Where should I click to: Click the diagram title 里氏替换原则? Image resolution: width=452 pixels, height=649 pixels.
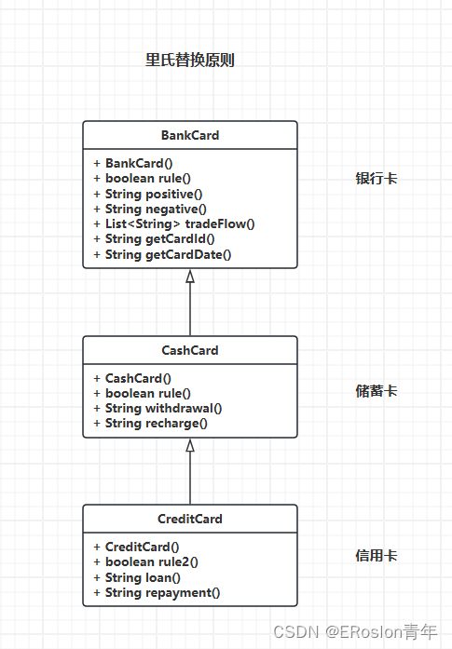(x=189, y=61)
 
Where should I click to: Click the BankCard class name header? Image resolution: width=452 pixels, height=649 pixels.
(x=190, y=135)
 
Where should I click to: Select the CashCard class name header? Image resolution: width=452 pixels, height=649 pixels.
(x=190, y=350)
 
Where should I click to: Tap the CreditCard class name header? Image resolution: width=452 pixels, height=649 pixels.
(x=190, y=519)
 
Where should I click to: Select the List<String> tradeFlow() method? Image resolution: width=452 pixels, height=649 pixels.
(x=174, y=223)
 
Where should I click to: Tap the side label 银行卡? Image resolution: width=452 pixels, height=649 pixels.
(x=377, y=178)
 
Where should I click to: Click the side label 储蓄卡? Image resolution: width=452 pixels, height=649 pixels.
(x=377, y=391)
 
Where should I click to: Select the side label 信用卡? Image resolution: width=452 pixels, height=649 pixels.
(x=377, y=556)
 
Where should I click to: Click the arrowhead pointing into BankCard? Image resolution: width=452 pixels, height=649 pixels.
(x=190, y=276)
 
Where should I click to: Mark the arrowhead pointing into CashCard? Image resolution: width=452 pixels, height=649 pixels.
(x=190, y=445)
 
